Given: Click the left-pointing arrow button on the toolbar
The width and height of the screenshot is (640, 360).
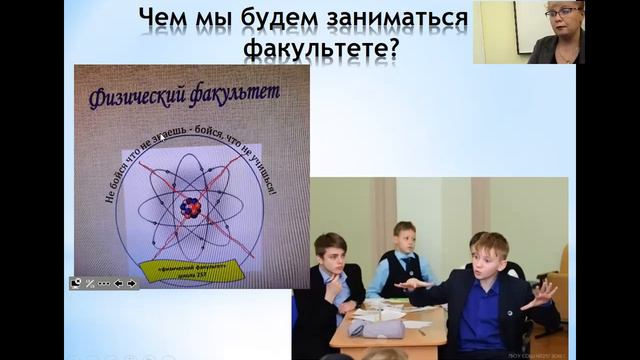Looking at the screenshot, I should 118,283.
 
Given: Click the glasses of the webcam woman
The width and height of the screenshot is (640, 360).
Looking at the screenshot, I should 561,13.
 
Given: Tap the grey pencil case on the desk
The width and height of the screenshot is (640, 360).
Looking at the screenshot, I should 376,327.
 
